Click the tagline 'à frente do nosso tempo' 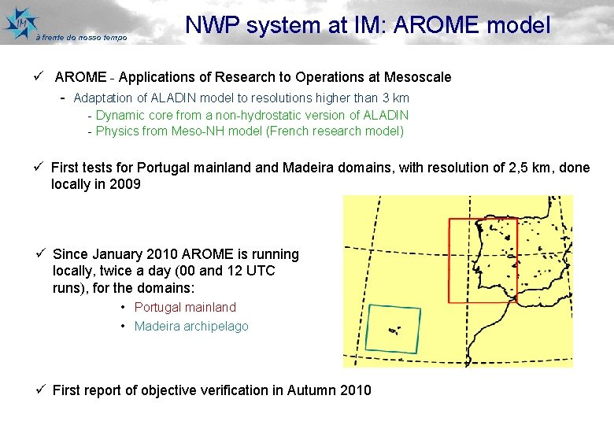pos(81,37)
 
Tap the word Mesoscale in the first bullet pos(417,76)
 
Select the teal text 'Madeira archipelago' pos(191,326)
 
